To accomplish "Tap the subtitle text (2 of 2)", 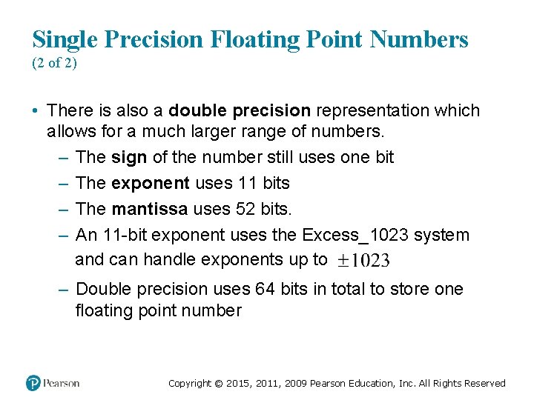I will click(54, 63).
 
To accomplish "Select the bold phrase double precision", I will click(240, 111).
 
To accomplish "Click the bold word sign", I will click(129, 157).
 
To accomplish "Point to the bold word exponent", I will click(152, 182).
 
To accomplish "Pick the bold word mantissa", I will click(151, 210).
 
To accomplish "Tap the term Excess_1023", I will click(356, 236).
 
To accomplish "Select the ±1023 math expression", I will click(363, 260).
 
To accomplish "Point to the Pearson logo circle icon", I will click(33, 383).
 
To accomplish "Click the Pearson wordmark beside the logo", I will click(62, 383).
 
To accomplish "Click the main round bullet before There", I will click(35, 111).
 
